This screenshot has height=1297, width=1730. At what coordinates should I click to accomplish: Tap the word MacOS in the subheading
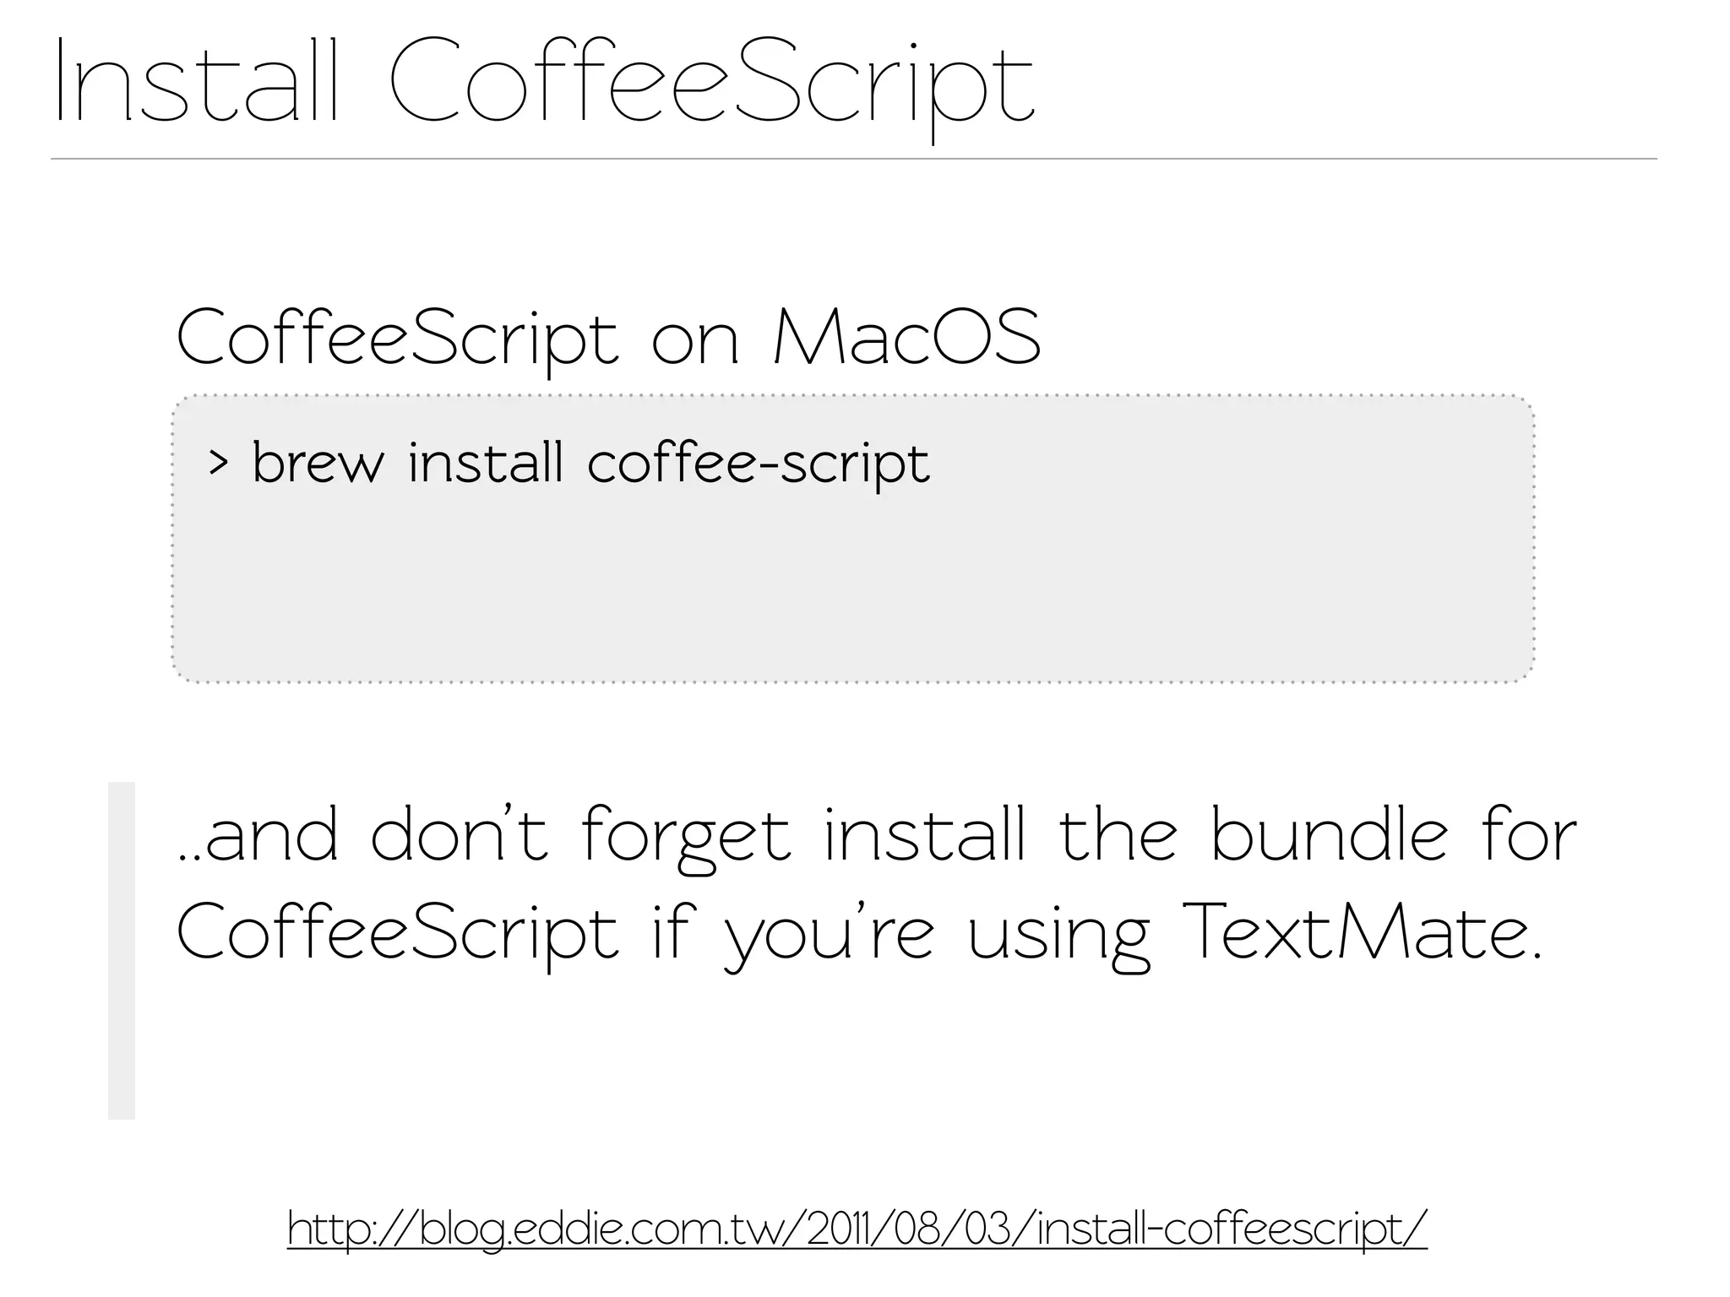pyautogui.click(x=906, y=338)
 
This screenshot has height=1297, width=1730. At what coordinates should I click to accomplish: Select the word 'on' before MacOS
pyautogui.click(x=695, y=342)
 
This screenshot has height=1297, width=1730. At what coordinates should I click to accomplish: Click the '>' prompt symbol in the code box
pyautogui.click(x=218, y=463)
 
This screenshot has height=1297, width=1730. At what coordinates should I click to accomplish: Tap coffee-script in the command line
pyautogui.click(x=758, y=465)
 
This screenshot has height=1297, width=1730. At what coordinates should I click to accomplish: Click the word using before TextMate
pyautogui.click(x=1058, y=937)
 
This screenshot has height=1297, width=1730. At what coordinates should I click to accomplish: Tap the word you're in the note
pyautogui.click(x=830, y=937)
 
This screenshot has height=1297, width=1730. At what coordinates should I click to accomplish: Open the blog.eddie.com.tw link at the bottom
pyautogui.click(x=857, y=1229)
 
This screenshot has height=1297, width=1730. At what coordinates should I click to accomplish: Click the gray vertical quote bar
pyautogui.click(x=122, y=950)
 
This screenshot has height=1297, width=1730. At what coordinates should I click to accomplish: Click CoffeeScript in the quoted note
pyautogui.click(x=398, y=934)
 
